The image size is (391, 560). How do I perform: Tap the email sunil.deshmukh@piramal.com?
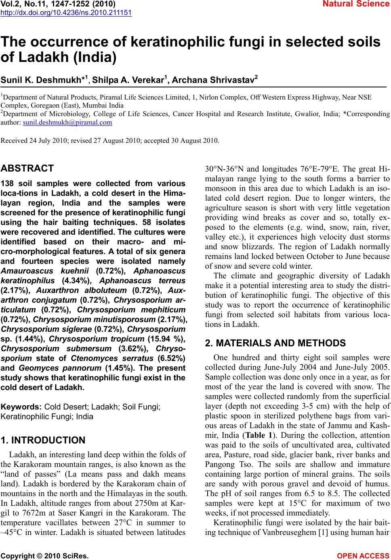coord(68,122)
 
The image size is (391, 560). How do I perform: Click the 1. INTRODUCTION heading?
coord(43,440)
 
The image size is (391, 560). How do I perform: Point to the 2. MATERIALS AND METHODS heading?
coord(275,344)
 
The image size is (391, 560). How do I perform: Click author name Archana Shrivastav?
coord(216,80)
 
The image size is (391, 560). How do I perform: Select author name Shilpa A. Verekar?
coord(129,80)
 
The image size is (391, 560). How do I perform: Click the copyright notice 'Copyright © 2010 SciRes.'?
coord(45,556)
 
